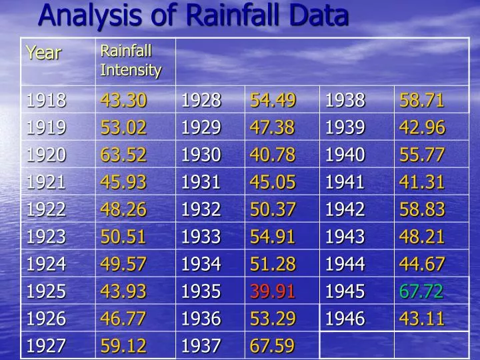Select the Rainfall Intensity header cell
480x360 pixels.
131,60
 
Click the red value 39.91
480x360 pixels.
273,291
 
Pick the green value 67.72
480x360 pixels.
422,291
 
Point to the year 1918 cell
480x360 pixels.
46,101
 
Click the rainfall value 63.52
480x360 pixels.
123,155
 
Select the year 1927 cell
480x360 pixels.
46,346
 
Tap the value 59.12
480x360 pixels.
123,346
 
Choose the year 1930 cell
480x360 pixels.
201,155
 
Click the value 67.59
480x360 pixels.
273,346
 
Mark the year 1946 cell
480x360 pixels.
345,319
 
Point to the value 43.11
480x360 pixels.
422,319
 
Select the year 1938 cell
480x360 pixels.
345,101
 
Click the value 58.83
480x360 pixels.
422,209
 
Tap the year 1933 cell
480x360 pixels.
201,237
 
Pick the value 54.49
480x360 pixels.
273,101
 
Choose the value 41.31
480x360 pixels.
422,182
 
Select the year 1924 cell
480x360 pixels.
46,264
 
